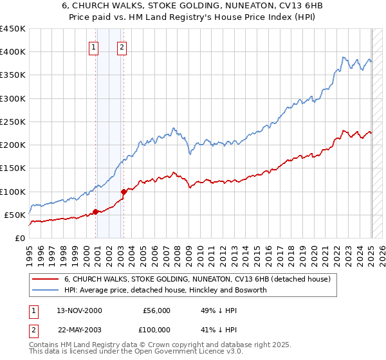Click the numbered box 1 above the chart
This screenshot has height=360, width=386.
click(94, 46)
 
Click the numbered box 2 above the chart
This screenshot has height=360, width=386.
click(122, 46)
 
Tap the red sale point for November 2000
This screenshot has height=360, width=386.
click(95, 212)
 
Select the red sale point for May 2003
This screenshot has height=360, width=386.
click(124, 191)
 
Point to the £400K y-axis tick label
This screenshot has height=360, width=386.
click(13, 52)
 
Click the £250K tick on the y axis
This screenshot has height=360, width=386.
click(13, 122)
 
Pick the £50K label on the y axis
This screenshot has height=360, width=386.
click(15, 215)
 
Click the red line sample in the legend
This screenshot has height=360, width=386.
click(46, 279)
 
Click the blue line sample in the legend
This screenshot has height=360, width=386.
click(46, 290)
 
